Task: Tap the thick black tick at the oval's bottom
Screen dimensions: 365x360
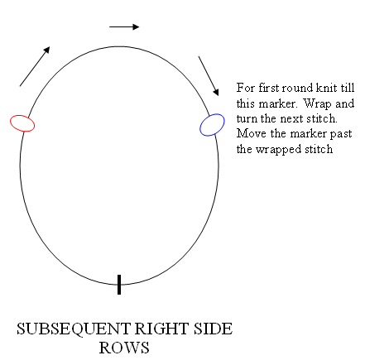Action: point(119,285)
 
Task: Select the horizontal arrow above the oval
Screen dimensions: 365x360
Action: point(124,26)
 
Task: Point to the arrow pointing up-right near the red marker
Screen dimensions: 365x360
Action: point(35,66)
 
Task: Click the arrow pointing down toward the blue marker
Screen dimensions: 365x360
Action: point(209,76)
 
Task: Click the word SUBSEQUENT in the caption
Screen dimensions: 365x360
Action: point(74,329)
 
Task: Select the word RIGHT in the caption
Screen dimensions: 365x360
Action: point(161,329)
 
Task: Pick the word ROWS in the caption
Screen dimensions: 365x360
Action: point(124,348)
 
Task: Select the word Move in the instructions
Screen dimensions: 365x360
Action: point(252,133)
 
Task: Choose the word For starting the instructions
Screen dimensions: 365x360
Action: point(246,88)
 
